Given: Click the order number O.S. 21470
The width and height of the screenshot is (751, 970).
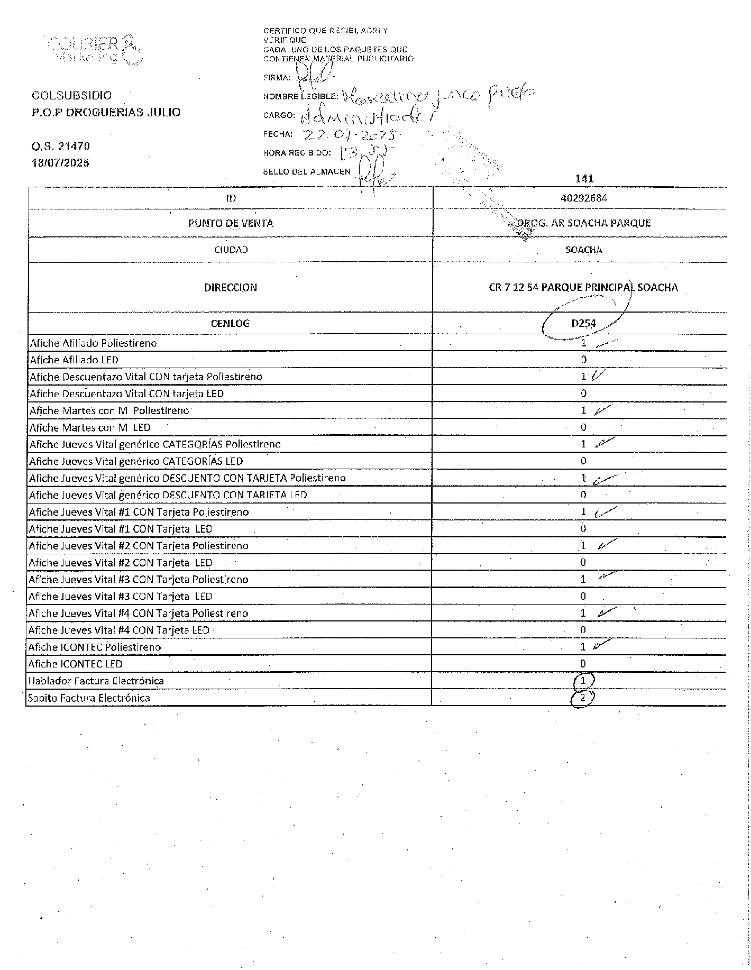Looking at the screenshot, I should (61, 146).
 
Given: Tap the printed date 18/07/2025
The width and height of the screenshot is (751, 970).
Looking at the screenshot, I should (61, 163).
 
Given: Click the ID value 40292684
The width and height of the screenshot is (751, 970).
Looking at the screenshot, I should (583, 198).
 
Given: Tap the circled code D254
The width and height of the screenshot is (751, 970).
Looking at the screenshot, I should (583, 323).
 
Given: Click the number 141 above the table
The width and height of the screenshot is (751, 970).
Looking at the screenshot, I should (584, 179).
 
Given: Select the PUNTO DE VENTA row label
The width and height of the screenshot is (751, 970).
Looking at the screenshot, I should (231, 223).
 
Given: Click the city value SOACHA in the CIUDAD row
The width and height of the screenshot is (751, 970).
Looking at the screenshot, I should (583, 250).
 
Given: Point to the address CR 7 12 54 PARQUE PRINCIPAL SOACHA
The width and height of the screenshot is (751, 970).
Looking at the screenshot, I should (583, 288).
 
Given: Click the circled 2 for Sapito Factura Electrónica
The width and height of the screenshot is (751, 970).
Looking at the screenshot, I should (582, 698).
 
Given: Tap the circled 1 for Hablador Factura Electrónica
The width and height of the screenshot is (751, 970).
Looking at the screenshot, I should (583, 681).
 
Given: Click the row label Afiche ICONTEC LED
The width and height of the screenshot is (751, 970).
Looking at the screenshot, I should (76, 664).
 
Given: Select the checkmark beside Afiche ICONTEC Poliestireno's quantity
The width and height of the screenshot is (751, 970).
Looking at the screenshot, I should (602, 645).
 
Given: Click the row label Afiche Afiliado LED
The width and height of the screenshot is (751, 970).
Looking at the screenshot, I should (74, 360).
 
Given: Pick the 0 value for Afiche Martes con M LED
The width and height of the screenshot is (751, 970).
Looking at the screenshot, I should (583, 427).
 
